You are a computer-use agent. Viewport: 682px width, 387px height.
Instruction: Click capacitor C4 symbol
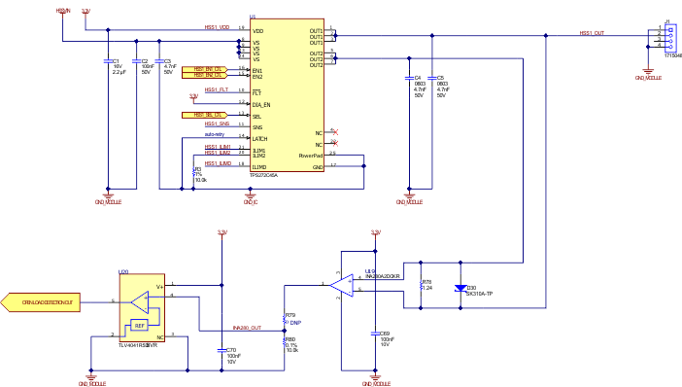click(x=409, y=77)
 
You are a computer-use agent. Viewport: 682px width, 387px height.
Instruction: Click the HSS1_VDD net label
click(x=217, y=27)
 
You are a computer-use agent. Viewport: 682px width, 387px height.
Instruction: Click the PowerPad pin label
click(x=311, y=156)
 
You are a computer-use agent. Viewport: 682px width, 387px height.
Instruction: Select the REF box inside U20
click(x=139, y=325)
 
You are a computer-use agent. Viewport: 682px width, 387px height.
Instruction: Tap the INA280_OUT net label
click(x=247, y=329)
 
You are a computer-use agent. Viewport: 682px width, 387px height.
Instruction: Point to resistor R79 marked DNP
click(x=284, y=318)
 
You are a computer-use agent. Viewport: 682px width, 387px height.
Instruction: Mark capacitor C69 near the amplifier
click(x=375, y=334)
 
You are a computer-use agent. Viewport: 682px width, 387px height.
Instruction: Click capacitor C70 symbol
click(x=222, y=349)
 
